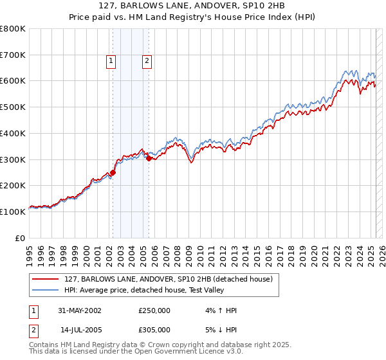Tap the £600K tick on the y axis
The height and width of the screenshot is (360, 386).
13,81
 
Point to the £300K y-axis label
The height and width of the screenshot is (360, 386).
13,159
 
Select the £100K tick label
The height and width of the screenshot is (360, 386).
13,212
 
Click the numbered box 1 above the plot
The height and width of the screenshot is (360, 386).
111,61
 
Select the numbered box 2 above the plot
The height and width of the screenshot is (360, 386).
147,61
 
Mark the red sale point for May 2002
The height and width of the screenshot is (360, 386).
113,172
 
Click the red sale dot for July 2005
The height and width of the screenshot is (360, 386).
149,158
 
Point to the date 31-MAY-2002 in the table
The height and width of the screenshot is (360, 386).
80,310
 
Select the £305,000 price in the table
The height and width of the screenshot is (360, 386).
154,330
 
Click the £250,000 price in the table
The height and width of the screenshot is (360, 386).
154,310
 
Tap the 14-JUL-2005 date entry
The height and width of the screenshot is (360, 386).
80,330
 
